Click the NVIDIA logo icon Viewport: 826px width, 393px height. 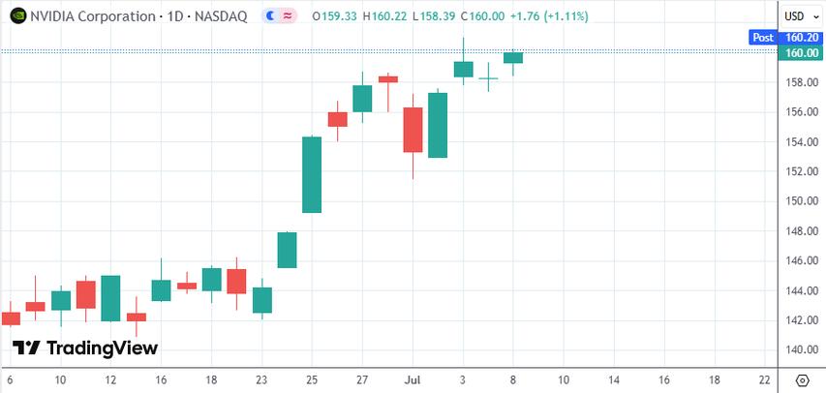17,16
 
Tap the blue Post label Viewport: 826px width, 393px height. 763,38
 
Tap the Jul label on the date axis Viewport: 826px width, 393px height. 412,379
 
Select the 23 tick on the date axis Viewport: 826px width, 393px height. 261,379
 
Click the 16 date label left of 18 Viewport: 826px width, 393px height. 161,379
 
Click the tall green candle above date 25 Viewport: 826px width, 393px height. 312,174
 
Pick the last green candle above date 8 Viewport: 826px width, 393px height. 513,58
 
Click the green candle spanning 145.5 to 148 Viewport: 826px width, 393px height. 287,250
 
